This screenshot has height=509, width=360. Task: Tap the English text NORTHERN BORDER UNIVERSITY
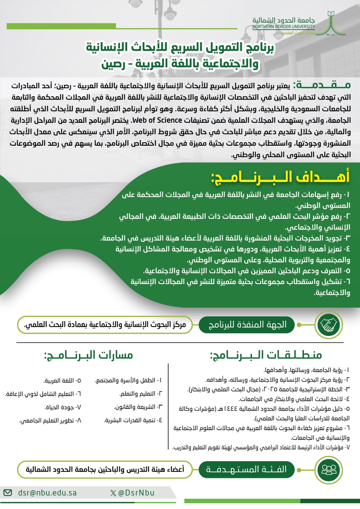pos(284,27)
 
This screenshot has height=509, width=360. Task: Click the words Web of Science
pos(157,120)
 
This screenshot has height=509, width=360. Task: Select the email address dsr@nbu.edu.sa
pos(47,493)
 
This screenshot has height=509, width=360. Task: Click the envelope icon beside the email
pos(8,493)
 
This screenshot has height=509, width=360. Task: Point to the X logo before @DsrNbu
pos(113,493)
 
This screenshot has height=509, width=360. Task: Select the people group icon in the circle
pos(329,470)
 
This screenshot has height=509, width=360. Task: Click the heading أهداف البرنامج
pos(280,177)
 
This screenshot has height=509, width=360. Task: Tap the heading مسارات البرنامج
pos(88,355)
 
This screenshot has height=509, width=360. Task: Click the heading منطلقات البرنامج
pos(266,355)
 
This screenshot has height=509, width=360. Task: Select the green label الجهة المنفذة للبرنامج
pos(247,324)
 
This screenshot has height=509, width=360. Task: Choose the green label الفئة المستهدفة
pos(246,470)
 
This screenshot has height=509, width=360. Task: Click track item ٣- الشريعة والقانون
pos(138,407)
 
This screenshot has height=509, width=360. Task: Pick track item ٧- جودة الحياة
pos(63,407)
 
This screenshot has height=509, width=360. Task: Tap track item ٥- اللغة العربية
pos(62,380)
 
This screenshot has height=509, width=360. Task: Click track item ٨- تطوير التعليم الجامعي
pos(50,421)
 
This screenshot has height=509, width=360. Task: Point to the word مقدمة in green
pos(322,85)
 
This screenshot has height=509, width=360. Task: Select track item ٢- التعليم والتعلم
pos(141,394)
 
